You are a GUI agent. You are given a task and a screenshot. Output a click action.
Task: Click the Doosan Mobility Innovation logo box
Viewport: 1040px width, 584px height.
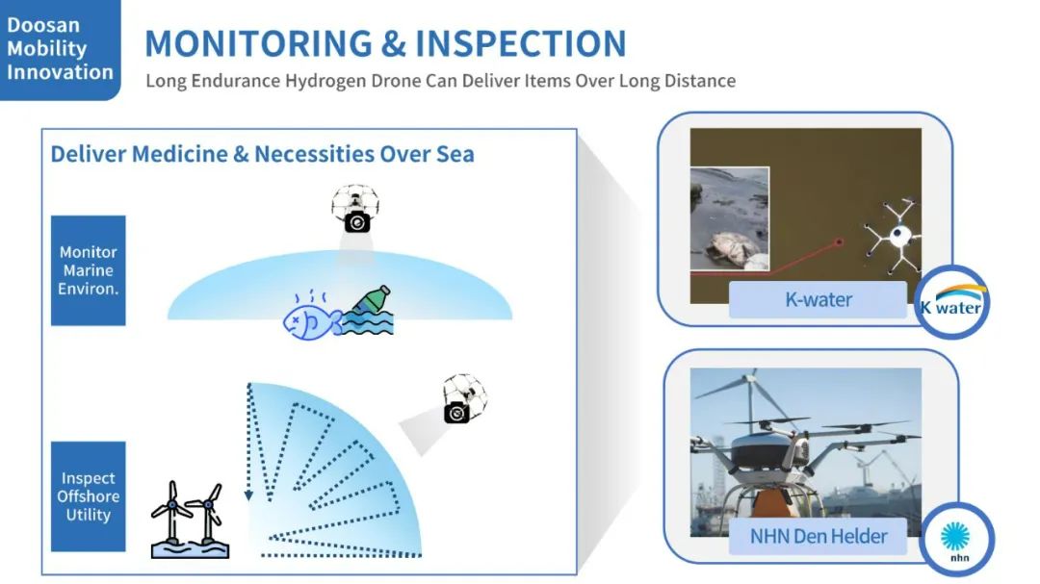click(60, 50)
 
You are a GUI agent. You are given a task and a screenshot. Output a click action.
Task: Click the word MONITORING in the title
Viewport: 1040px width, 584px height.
click(259, 43)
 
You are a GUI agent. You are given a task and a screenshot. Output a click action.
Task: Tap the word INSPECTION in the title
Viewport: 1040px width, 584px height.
click(521, 43)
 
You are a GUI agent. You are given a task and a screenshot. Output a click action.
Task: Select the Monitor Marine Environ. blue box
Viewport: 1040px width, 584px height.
click(89, 270)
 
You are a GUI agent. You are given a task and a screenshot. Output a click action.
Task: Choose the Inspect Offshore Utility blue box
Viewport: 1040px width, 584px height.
click(89, 496)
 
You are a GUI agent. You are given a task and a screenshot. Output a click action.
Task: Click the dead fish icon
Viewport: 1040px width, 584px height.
click(310, 319)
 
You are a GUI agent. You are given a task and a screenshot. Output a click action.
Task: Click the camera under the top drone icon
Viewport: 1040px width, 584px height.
click(357, 222)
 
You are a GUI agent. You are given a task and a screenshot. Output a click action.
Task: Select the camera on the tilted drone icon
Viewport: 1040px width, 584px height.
click(457, 413)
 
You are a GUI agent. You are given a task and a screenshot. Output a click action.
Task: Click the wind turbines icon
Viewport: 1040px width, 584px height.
click(191, 520)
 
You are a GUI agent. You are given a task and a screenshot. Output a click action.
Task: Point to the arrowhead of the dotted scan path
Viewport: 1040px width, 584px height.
click(248, 495)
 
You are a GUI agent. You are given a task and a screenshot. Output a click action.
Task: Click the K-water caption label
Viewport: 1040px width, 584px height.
click(818, 299)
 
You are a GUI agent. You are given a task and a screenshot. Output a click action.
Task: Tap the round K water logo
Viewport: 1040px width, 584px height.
click(951, 303)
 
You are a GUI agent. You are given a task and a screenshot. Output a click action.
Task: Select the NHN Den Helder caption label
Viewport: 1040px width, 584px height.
click(818, 536)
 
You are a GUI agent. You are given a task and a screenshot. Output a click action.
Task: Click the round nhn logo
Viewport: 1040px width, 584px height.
click(956, 539)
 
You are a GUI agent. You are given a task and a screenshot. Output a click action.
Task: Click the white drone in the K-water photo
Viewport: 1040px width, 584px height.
click(897, 235)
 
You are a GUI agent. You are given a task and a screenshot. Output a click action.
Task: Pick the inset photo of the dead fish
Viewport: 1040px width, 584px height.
click(730, 219)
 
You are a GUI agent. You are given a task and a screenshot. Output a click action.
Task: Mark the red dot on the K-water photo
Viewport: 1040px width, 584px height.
click(839, 242)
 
